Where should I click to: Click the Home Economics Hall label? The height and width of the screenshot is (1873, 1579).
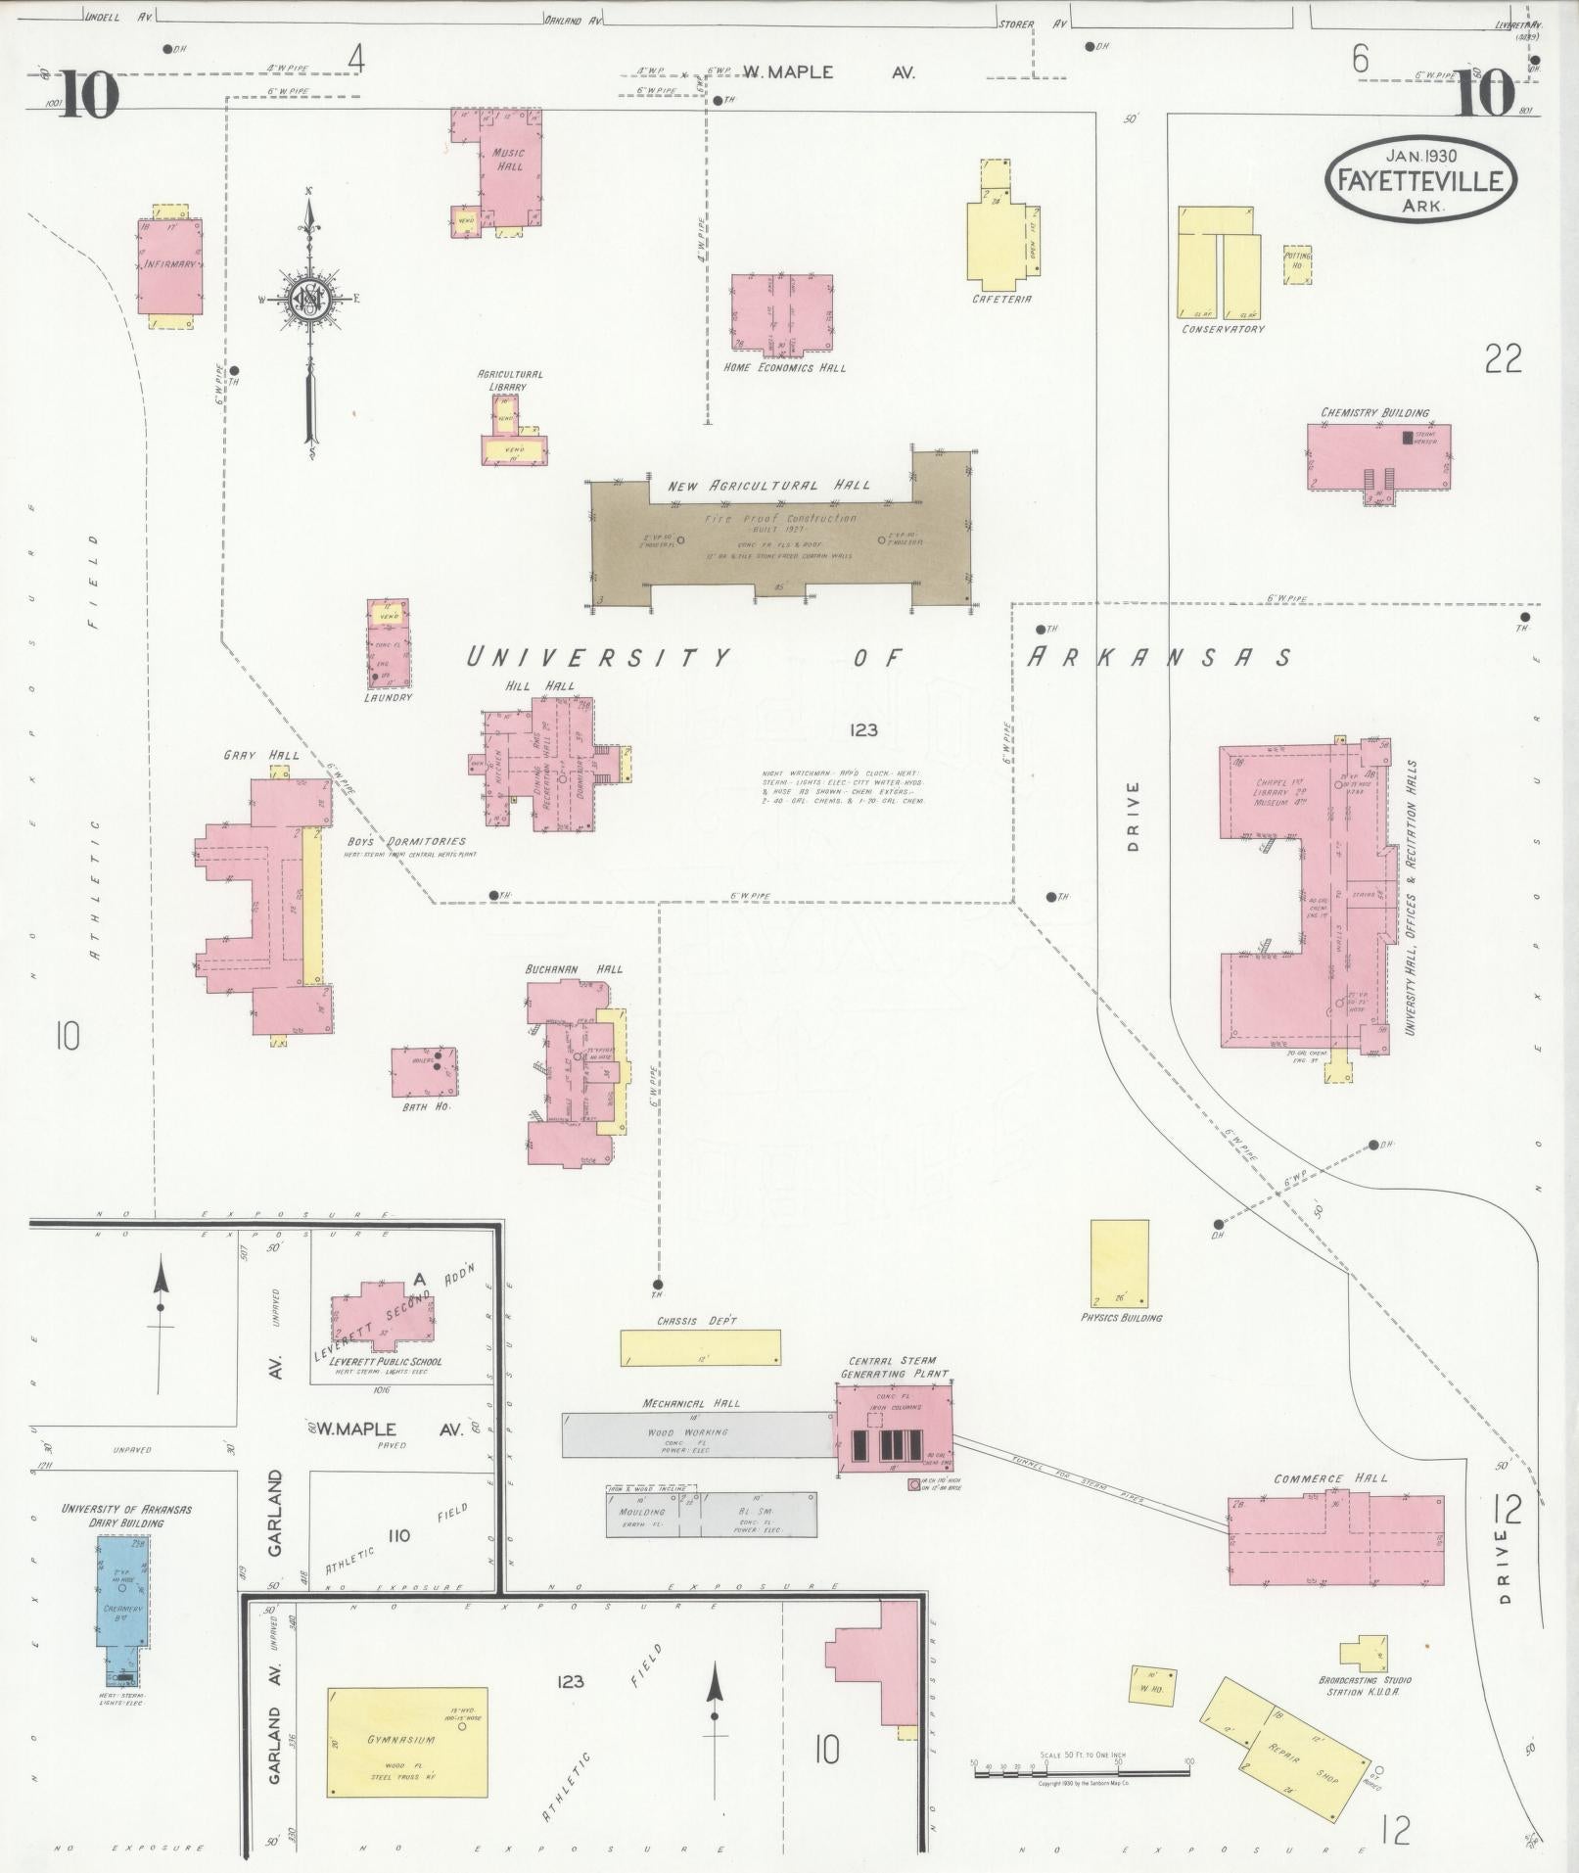coord(784,368)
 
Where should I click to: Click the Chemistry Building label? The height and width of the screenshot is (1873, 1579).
coord(1374,413)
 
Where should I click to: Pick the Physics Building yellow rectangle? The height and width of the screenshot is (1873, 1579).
coord(1119,1263)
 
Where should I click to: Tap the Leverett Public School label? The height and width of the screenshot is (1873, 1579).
coord(386,1361)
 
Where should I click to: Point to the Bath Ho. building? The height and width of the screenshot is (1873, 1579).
coord(423,1073)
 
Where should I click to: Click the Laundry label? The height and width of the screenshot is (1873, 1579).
coord(388,697)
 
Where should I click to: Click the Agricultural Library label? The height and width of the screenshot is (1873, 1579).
coord(509,380)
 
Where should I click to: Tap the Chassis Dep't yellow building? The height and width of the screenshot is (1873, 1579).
coord(700,1347)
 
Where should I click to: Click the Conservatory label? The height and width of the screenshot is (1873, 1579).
coord(1223,329)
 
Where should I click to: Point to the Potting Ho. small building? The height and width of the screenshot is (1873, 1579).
coord(1296,266)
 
